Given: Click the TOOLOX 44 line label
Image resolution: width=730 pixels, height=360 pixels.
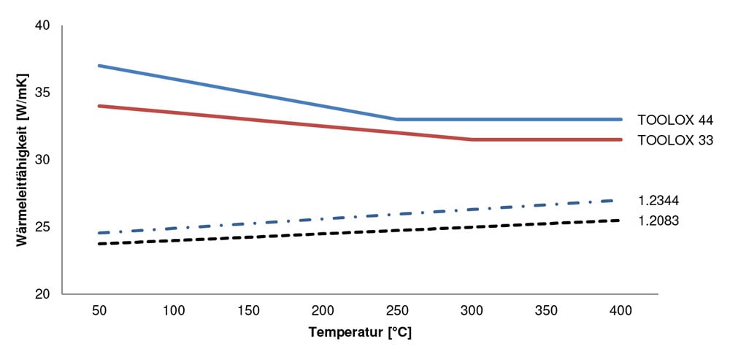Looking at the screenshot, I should [x=675, y=120].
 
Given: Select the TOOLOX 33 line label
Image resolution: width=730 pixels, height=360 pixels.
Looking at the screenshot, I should [x=675, y=140].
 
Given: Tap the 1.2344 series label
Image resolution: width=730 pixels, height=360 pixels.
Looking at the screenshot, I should [x=659, y=200].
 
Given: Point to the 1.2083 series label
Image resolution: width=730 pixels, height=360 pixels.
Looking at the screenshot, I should [x=659, y=220].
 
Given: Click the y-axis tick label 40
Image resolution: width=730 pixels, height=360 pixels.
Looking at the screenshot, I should [x=42, y=26].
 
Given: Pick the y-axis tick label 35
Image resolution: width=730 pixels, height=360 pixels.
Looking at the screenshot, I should [x=42, y=93].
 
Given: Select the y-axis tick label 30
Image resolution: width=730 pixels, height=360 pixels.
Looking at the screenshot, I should [x=42, y=160].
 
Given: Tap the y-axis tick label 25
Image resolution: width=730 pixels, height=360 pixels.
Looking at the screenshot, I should [x=42, y=227].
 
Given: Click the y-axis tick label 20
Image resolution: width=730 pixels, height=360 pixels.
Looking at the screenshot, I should [x=42, y=294].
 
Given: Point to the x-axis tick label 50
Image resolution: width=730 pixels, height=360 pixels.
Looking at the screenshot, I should [x=99, y=310].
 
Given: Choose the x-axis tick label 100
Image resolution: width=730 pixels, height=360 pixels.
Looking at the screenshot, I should [x=173, y=310].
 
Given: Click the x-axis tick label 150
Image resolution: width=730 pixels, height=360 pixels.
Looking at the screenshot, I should [x=247, y=310].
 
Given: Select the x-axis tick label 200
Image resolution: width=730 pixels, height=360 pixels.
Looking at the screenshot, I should [x=322, y=310].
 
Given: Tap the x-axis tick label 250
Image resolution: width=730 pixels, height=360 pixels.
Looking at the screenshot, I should [x=396, y=310].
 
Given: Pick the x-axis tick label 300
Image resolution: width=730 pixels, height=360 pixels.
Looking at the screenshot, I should [x=471, y=310].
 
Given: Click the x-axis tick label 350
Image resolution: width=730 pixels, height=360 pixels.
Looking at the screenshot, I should [x=545, y=310].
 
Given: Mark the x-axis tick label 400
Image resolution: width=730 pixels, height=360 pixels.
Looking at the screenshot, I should [x=620, y=310].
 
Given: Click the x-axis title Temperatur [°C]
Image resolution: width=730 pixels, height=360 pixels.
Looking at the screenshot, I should [x=360, y=332].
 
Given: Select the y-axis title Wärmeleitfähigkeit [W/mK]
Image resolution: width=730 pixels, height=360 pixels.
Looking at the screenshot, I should [x=23, y=159].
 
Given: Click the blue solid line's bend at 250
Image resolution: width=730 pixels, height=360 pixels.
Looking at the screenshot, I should [x=396, y=119].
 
